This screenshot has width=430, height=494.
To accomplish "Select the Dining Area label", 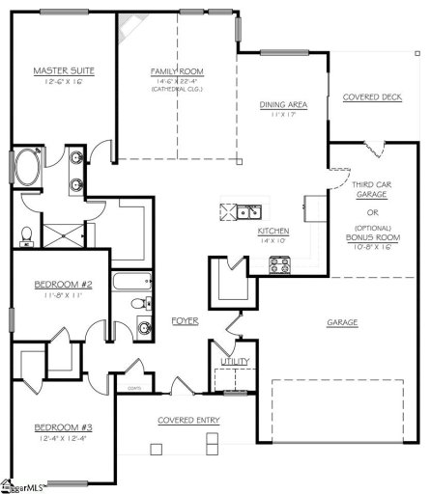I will pyautogui.click(x=283, y=106).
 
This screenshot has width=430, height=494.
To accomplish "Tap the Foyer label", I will pyautogui.click(x=186, y=320).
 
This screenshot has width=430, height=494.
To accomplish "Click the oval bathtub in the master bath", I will pyautogui.click(x=27, y=172).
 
